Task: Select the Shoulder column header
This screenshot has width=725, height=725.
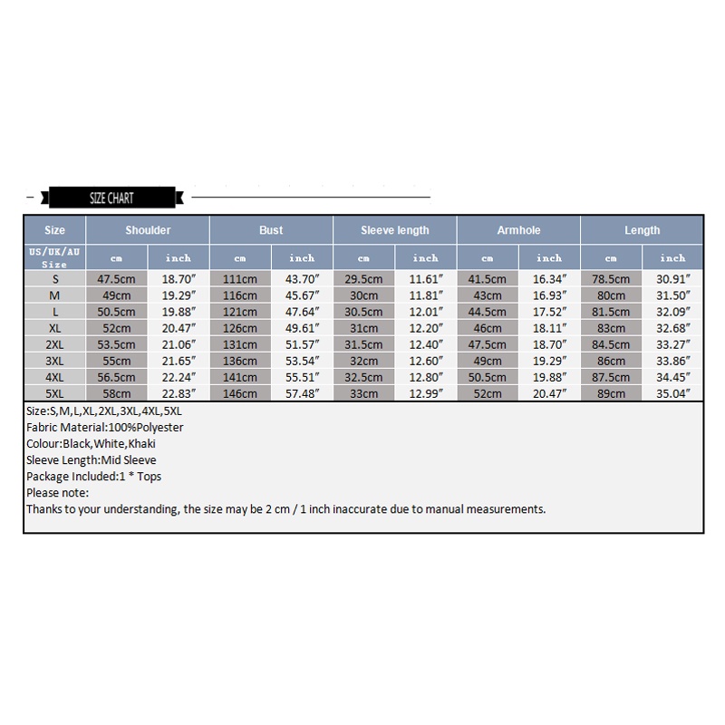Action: click(x=148, y=230)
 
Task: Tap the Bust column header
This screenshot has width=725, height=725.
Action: click(x=271, y=230)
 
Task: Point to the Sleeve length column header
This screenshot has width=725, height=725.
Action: click(x=394, y=230)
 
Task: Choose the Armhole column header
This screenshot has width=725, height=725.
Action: click(x=518, y=230)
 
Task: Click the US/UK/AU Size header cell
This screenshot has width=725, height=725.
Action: click(x=54, y=257)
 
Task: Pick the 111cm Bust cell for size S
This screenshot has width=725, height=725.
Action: click(x=240, y=280)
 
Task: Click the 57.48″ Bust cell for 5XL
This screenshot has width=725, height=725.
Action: click(x=302, y=394)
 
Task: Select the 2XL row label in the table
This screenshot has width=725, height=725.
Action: click(x=54, y=345)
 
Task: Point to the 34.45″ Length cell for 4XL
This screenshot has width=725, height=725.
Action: click(x=672, y=378)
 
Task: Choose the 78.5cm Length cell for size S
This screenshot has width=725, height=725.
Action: click(x=611, y=280)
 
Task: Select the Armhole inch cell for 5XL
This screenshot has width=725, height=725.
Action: click(x=549, y=394)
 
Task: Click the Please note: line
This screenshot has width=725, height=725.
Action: click(x=58, y=492)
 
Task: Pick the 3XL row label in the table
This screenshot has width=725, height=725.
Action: click(x=54, y=362)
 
